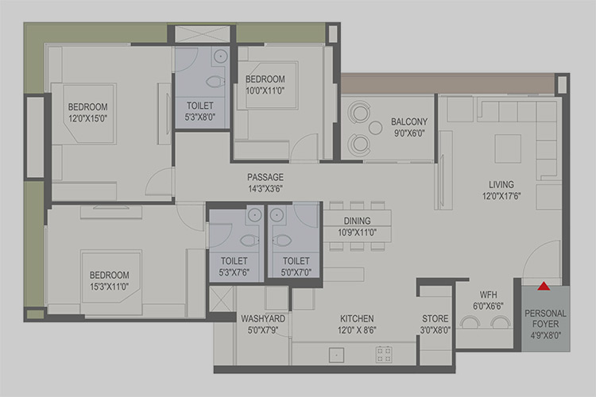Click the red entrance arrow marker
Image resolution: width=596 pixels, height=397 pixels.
[544, 286]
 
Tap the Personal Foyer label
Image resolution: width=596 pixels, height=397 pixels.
[545, 325]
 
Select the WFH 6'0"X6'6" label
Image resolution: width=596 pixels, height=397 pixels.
[488, 300]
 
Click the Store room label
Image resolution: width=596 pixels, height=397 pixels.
[435, 324]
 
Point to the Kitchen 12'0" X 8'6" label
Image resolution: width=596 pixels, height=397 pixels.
[357, 324]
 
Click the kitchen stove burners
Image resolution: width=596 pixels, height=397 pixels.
[384, 354]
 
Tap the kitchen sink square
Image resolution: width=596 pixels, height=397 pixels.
[336, 355]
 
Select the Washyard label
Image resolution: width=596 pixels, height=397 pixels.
[263, 324]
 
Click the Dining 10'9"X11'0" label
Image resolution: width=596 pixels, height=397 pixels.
[358, 226]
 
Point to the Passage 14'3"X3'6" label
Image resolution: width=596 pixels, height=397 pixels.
[265, 183]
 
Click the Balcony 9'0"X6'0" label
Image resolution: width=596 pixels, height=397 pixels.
[409, 127]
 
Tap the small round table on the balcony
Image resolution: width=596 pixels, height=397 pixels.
[375, 128]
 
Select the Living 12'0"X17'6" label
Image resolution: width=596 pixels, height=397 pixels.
[501, 190]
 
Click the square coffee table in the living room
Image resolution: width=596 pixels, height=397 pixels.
[508, 148]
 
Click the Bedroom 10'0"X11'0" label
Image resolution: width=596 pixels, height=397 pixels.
[265, 85]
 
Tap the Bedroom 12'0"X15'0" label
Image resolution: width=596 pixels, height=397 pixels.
[87, 113]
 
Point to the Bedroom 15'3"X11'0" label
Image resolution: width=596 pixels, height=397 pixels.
[110, 281]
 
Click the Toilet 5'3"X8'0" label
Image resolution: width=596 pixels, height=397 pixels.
[200, 111]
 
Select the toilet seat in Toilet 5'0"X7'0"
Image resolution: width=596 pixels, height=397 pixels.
[281, 240]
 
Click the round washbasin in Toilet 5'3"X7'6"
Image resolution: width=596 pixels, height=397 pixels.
[254, 214]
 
